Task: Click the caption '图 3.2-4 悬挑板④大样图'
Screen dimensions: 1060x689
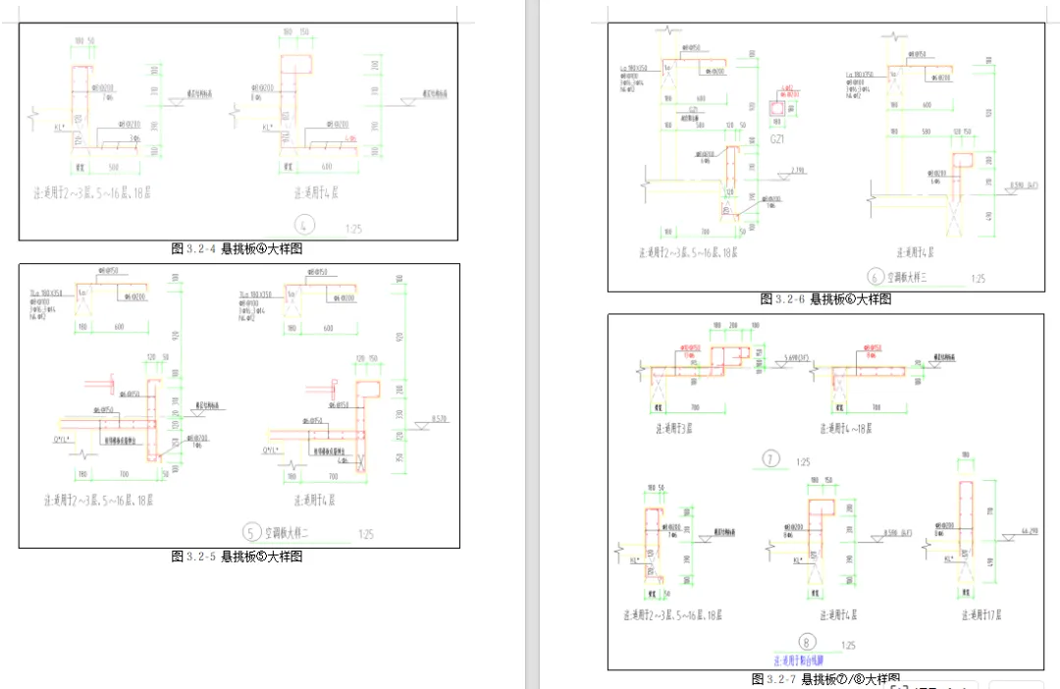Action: (x=237, y=249)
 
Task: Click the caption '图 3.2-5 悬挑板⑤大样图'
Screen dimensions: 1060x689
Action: (x=237, y=556)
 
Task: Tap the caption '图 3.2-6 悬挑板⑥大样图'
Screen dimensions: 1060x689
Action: (x=825, y=299)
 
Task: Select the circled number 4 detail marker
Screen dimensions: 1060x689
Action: (x=305, y=226)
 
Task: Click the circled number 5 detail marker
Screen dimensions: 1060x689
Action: (x=253, y=533)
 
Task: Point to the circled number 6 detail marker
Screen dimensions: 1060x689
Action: (x=874, y=277)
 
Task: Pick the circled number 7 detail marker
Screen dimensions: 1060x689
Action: (x=770, y=458)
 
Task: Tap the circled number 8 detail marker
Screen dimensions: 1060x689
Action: (x=780, y=643)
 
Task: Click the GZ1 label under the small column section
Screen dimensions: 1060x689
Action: (x=778, y=140)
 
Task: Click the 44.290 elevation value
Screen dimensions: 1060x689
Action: (x=1029, y=531)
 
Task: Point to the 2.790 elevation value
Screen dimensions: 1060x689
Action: (x=796, y=172)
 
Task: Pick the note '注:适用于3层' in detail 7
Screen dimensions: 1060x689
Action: (x=673, y=428)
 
